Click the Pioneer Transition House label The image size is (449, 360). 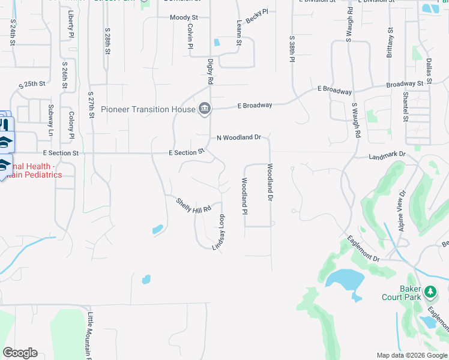[x=148, y=109]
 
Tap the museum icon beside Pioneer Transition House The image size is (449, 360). [x=204, y=109]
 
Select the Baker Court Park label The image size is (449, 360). [x=403, y=292]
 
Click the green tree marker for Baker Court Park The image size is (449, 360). [x=430, y=292]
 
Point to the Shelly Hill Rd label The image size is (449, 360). [x=194, y=205]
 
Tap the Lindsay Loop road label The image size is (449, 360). [x=218, y=232]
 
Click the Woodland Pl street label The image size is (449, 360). [x=245, y=197]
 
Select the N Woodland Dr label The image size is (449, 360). [x=239, y=137]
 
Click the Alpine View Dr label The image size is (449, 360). [x=402, y=211]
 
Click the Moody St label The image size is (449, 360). [x=184, y=18]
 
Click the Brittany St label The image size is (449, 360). [x=391, y=41]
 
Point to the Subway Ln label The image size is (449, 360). [x=50, y=119]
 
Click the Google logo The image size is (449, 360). [x=20, y=353]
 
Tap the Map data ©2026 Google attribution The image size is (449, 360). [x=411, y=355]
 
